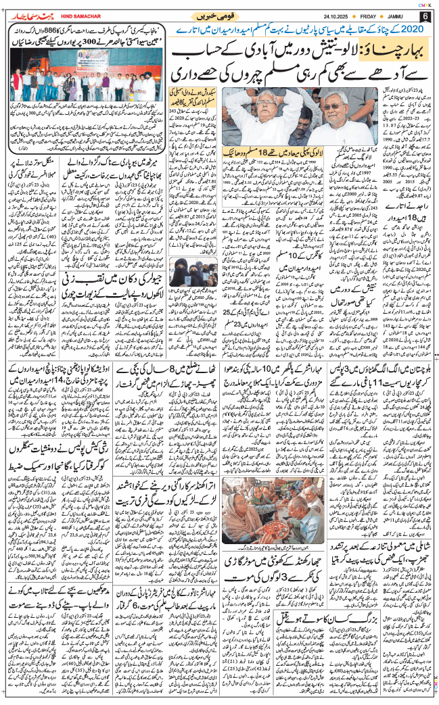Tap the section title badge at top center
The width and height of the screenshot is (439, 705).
(x=216, y=15)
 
